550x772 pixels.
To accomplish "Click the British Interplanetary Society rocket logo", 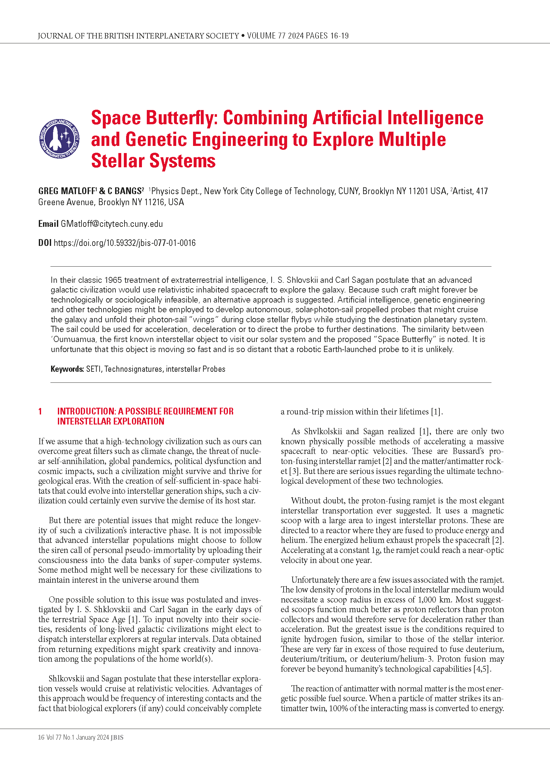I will coord(59,138).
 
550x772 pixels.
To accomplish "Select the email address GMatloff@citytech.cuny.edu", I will coord(112,224).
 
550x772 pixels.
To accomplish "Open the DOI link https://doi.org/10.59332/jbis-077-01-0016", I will coord(124,243).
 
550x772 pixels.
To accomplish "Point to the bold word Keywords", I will coord(67,369).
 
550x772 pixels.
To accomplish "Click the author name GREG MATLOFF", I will coord(67,191).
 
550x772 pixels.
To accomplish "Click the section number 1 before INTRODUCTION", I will coord(40,412).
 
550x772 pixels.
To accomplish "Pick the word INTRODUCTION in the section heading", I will coord(86,412).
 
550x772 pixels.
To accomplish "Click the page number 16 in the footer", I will coord(41,737).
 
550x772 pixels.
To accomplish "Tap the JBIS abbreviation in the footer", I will coord(117,737).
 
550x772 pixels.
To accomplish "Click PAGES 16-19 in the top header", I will coord(327,36).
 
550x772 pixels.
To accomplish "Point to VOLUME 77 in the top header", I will coord(266,36).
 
